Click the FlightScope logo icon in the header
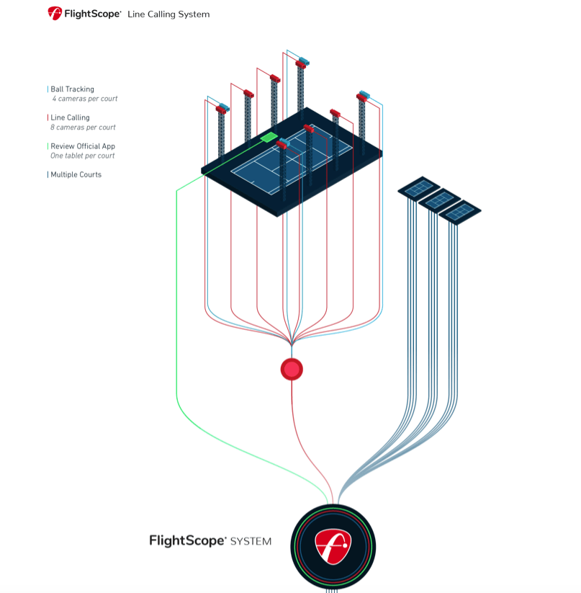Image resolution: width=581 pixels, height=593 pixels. tap(55, 13)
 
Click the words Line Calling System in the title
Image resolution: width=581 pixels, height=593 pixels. tap(168, 14)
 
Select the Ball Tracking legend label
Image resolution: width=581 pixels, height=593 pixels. tap(72, 89)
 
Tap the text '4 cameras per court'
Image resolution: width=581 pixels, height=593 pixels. tap(84, 99)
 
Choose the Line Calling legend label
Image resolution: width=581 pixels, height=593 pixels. tap(70, 117)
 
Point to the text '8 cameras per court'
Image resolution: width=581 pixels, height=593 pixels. tap(83, 128)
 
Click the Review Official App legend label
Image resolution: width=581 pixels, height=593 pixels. tap(82, 146)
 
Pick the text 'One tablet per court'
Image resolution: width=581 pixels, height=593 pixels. tap(82, 156)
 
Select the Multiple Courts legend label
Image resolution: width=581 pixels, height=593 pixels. tap(76, 174)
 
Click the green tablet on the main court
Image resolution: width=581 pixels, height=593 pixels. tap(269, 137)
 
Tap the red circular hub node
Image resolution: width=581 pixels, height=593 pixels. tap(292, 369)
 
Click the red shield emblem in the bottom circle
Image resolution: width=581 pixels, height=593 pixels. tap(333, 545)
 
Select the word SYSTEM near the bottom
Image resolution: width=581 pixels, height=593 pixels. tap(251, 541)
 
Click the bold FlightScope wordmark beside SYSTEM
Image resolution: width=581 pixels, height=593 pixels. tap(187, 540)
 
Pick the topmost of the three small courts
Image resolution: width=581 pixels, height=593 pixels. tap(419, 188)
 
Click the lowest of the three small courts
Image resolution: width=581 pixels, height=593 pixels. tap(459, 211)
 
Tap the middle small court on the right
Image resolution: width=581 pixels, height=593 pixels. tap(439, 200)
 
